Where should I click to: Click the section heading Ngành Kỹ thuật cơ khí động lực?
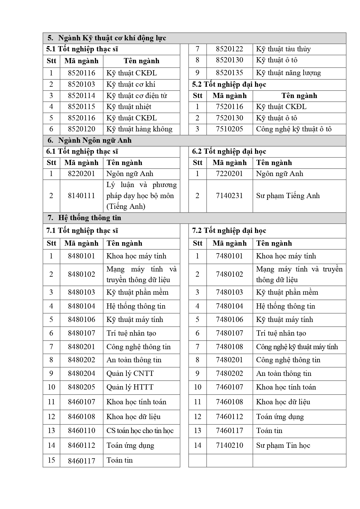pyautogui.click(x=112, y=38)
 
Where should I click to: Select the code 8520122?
pyautogui.click(x=229, y=49)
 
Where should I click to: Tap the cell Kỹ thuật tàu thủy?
pyautogui.click(x=283, y=49)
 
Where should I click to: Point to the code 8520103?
pyautogui.click(x=81, y=84)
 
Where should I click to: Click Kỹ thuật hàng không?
pyautogui.click(x=139, y=129)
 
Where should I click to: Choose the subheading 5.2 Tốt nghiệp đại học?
pyautogui.click(x=229, y=85)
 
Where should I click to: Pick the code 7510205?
pyautogui.click(x=229, y=129)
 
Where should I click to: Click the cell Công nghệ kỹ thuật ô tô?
pyautogui.click(x=294, y=129)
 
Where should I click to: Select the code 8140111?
pyautogui.click(x=81, y=196)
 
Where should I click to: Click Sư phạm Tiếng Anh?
pyautogui.click(x=288, y=196)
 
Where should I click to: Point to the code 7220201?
pyautogui.click(x=229, y=174)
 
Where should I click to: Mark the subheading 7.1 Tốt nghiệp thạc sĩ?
pyautogui.click(x=82, y=231)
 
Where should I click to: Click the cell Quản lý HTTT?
pyautogui.click(x=130, y=387)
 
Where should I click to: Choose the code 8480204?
pyautogui.click(x=81, y=374)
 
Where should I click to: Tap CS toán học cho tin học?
pyautogui.click(x=140, y=431)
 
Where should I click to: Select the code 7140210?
pyautogui.click(x=229, y=445)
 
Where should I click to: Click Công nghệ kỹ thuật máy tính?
pyautogui.click(x=297, y=347)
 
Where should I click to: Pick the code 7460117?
pyautogui.click(x=229, y=431)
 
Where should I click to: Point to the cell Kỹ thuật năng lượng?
pyautogui.click(x=288, y=73)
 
